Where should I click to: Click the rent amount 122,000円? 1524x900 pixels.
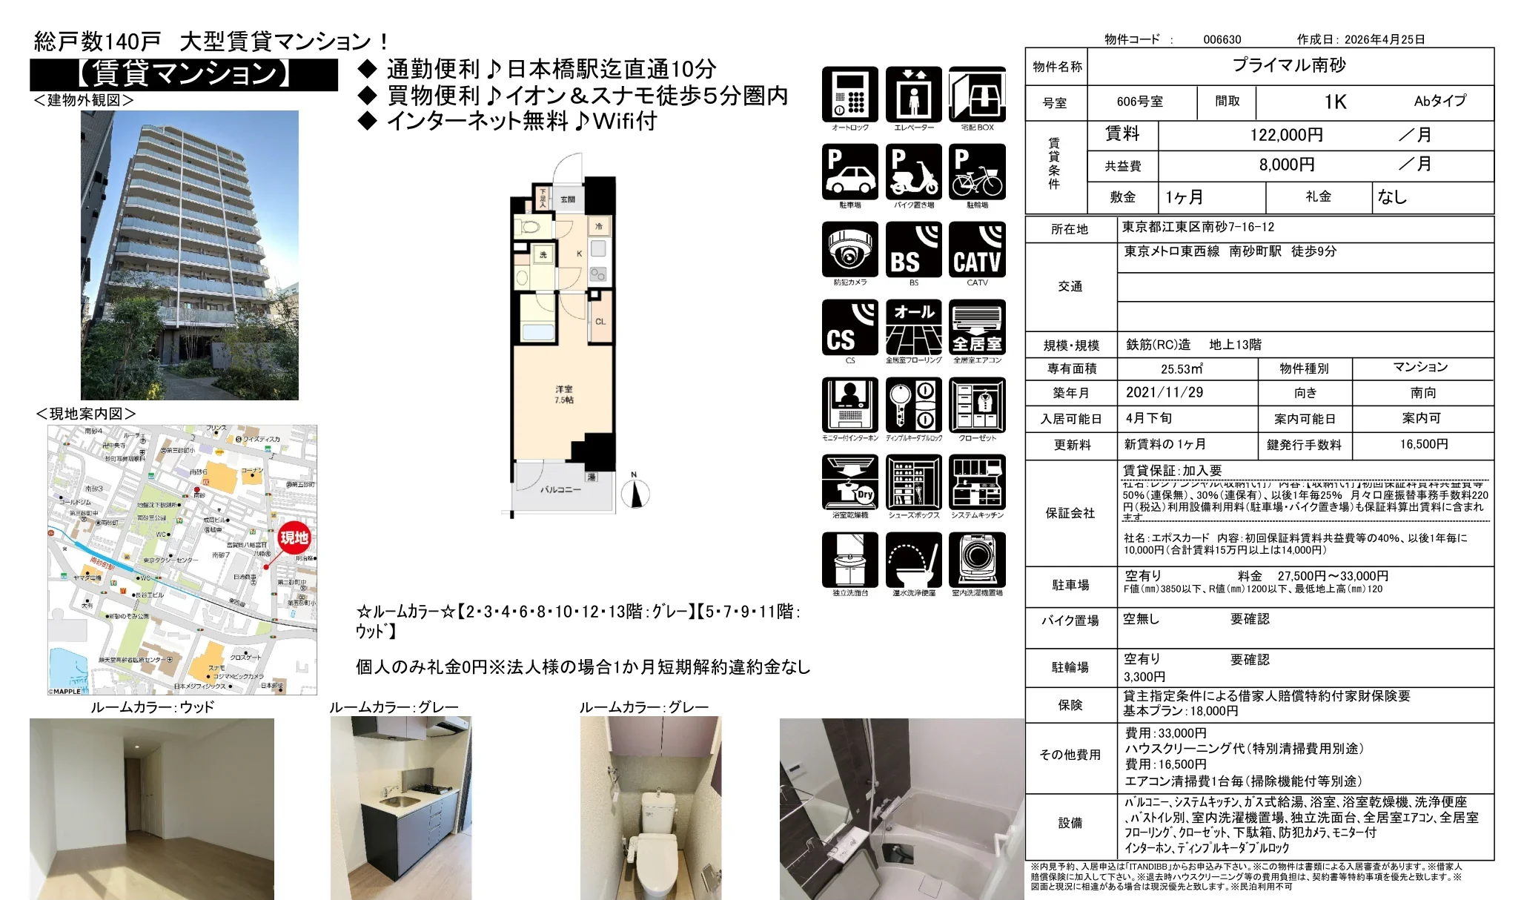point(1286,135)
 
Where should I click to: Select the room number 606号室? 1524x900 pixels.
point(1139,102)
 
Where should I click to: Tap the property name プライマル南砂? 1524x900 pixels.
point(1288,65)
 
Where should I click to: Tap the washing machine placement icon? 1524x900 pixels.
point(977,560)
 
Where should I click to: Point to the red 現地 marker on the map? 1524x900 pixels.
point(294,537)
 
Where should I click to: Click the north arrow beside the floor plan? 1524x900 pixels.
point(635,493)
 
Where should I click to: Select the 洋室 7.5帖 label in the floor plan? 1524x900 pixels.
point(564,394)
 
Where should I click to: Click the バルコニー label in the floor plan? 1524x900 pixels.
point(560,489)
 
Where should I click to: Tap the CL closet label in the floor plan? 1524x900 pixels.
point(600,322)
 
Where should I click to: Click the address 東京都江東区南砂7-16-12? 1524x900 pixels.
point(1198,227)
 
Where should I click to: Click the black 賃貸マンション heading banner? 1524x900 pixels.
point(184,74)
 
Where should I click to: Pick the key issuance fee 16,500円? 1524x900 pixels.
point(1423,444)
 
